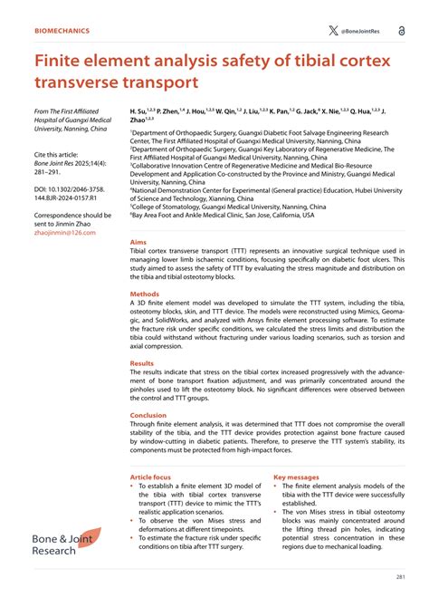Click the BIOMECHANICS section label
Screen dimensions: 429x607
pyautogui.click(x=62, y=30)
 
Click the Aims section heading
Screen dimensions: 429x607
pyautogui.click(x=138, y=244)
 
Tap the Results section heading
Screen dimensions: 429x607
pyautogui.click(x=142, y=362)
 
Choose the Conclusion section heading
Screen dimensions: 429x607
pyautogui.click(x=148, y=416)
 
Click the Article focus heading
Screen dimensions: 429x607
pyautogui.click(x=150, y=477)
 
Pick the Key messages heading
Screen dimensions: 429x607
pyautogui.click(x=296, y=477)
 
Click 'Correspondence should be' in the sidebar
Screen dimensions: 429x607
pyautogui.click(x=72, y=216)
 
